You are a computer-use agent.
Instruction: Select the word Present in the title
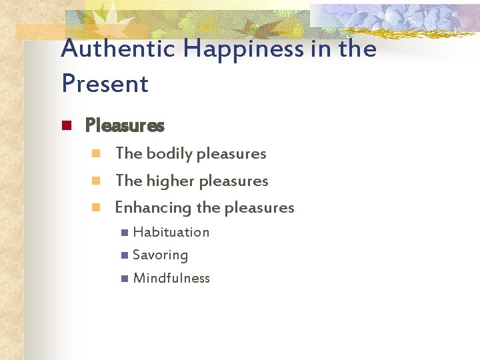pyautogui.click(x=105, y=84)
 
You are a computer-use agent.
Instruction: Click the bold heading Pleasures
pyautogui.click(x=125, y=125)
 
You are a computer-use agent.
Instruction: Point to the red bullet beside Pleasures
pyautogui.click(x=66, y=125)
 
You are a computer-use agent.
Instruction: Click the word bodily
pyautogui.click(x=167, y=154)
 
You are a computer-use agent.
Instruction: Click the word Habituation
pyautogui.click(x=171, y=232)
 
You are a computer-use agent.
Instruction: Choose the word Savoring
pyautogui.click(x=161, y=255)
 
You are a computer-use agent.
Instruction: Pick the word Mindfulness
pyautogui.click(x=171, y=279)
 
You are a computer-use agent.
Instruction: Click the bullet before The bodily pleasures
pyautogui.click(x=96, y=154)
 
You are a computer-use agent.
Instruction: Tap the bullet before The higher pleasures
pyautogui.click(x=96, y=181)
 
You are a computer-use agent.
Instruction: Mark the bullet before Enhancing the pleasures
pyautogui.click(x=96, y=207)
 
